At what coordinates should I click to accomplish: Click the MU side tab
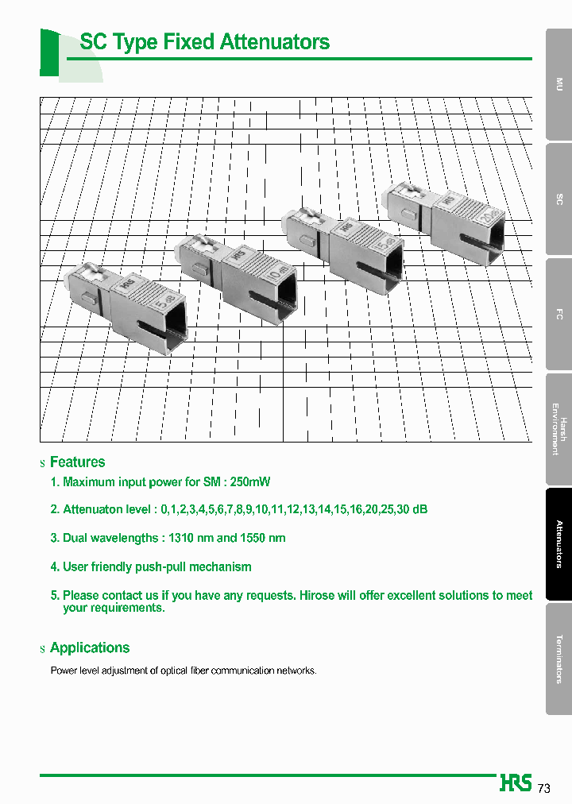tap(558, 83)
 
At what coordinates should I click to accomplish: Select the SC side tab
tap(558, 199)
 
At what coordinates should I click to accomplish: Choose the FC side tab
tap(558, 314)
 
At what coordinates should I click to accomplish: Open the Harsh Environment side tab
tap(558, 429)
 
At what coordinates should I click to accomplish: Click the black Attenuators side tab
tap(558, 544)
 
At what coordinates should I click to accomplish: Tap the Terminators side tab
tap(558, 659)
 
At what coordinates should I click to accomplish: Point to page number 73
tap(544, 788)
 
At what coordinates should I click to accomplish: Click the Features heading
tap(77, 462)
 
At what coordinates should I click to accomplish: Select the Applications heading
tap(89, 648)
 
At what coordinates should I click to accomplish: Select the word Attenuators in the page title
tap(274, 42)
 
